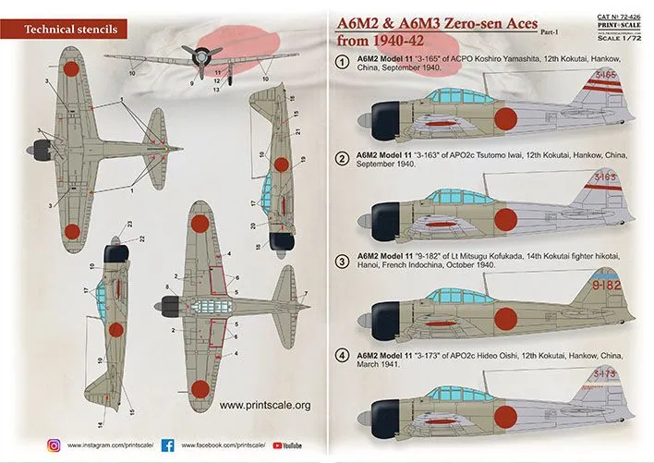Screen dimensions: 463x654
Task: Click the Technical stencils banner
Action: point(64,30)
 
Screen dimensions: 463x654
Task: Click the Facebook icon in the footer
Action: point(168,445)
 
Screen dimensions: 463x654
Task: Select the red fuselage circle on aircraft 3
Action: point(505,311)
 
